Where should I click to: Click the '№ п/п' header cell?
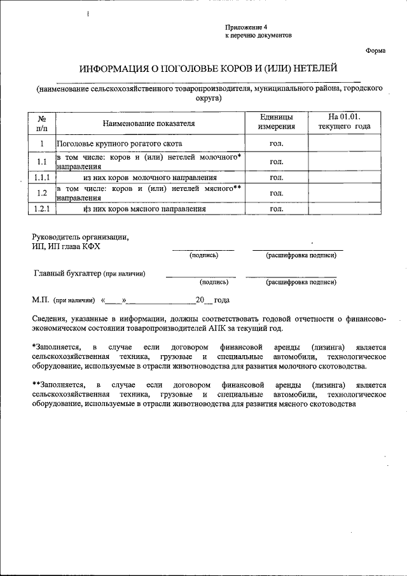click(x=41, y=123)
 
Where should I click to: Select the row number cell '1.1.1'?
click(x=41, y=178)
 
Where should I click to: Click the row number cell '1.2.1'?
click(x=41, y=208)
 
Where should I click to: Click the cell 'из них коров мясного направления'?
click(x=145, y=208)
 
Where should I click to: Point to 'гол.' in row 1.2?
click(x=276, y=193)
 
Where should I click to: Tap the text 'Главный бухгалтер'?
click(x=67, y=274)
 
